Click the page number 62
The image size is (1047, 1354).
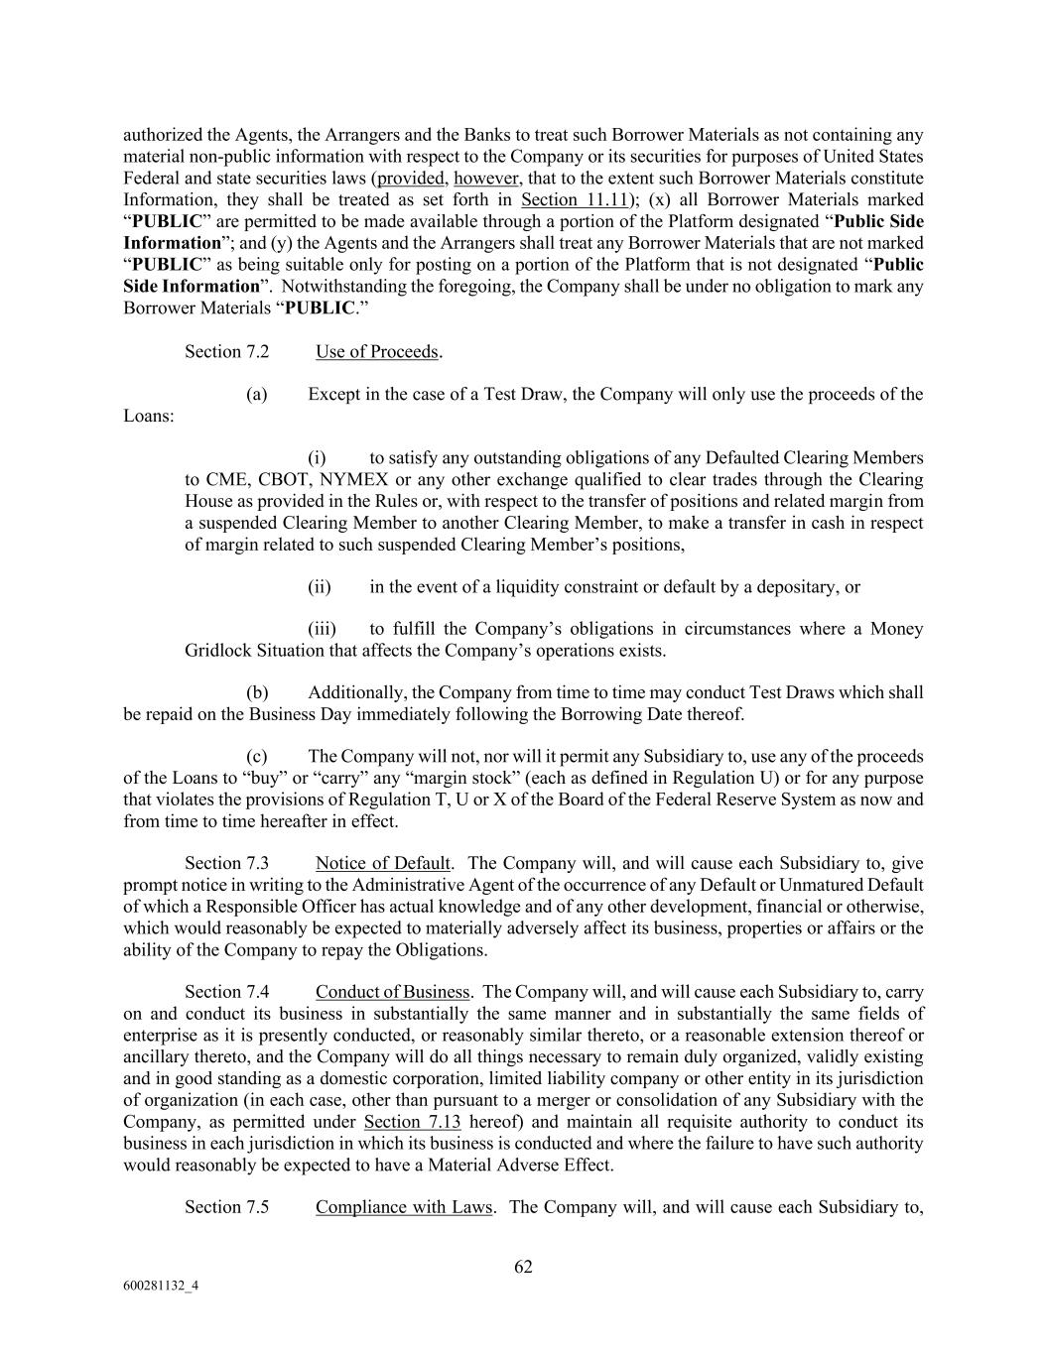point(523,1267)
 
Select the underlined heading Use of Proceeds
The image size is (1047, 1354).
point(377,352)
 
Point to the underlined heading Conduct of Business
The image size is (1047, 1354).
point(392,992)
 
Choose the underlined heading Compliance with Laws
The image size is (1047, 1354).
point(404,1207)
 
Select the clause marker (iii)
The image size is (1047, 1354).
point(322,629)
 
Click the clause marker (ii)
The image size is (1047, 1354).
point(319,587)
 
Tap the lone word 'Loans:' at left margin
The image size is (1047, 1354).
point(149,416)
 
